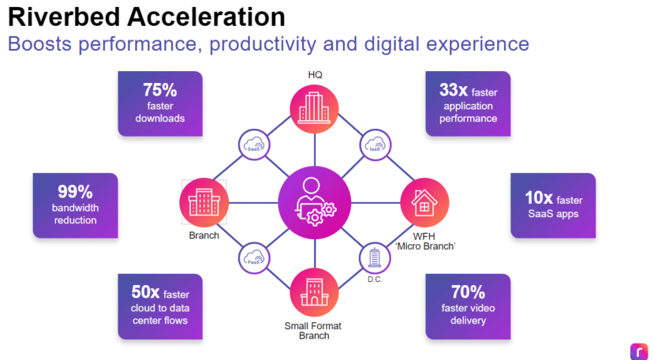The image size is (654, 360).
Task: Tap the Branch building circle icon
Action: tap(204, 203)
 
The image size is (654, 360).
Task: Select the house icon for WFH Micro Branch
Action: tap(424, 203)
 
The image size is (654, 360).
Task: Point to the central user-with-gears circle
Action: tap(314, 203)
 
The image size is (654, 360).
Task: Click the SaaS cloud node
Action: tap(254, 146)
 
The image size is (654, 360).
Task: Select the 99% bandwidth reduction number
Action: tap(75, 191)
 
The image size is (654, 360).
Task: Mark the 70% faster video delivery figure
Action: tap(467, 292)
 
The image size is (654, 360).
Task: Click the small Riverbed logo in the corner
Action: tap(637, 350)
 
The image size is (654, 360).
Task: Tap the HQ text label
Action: tap(315, 75)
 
